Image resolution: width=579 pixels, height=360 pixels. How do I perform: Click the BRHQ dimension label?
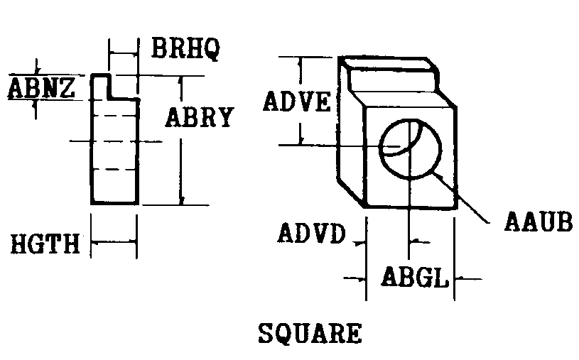pos(185,48)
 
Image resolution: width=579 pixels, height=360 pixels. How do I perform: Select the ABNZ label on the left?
pos(41,88)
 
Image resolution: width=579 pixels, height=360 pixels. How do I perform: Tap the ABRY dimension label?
pos(200,117)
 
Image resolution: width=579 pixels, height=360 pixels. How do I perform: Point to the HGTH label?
pos(45,244)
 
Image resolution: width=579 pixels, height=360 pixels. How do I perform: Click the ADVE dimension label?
pos(297,102)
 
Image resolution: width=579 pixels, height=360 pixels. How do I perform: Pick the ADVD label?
pos(312,233)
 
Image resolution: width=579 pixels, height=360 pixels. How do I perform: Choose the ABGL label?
pos(415,277)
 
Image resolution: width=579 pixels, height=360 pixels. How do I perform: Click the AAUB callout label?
pos(539,222)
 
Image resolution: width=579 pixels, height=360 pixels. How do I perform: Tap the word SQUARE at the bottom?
pos(310,333)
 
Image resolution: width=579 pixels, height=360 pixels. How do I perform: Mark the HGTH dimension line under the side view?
pos(114,242)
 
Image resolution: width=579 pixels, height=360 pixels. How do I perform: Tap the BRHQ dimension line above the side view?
pos(124,54)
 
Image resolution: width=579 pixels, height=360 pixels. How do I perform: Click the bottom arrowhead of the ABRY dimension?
pos(181,200)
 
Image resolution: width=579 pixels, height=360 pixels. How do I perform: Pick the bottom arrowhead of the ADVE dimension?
pos(301,141)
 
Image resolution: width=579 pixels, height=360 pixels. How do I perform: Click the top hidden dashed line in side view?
pos(114,116)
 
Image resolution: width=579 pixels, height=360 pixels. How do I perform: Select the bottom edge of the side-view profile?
pos(114,203)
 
